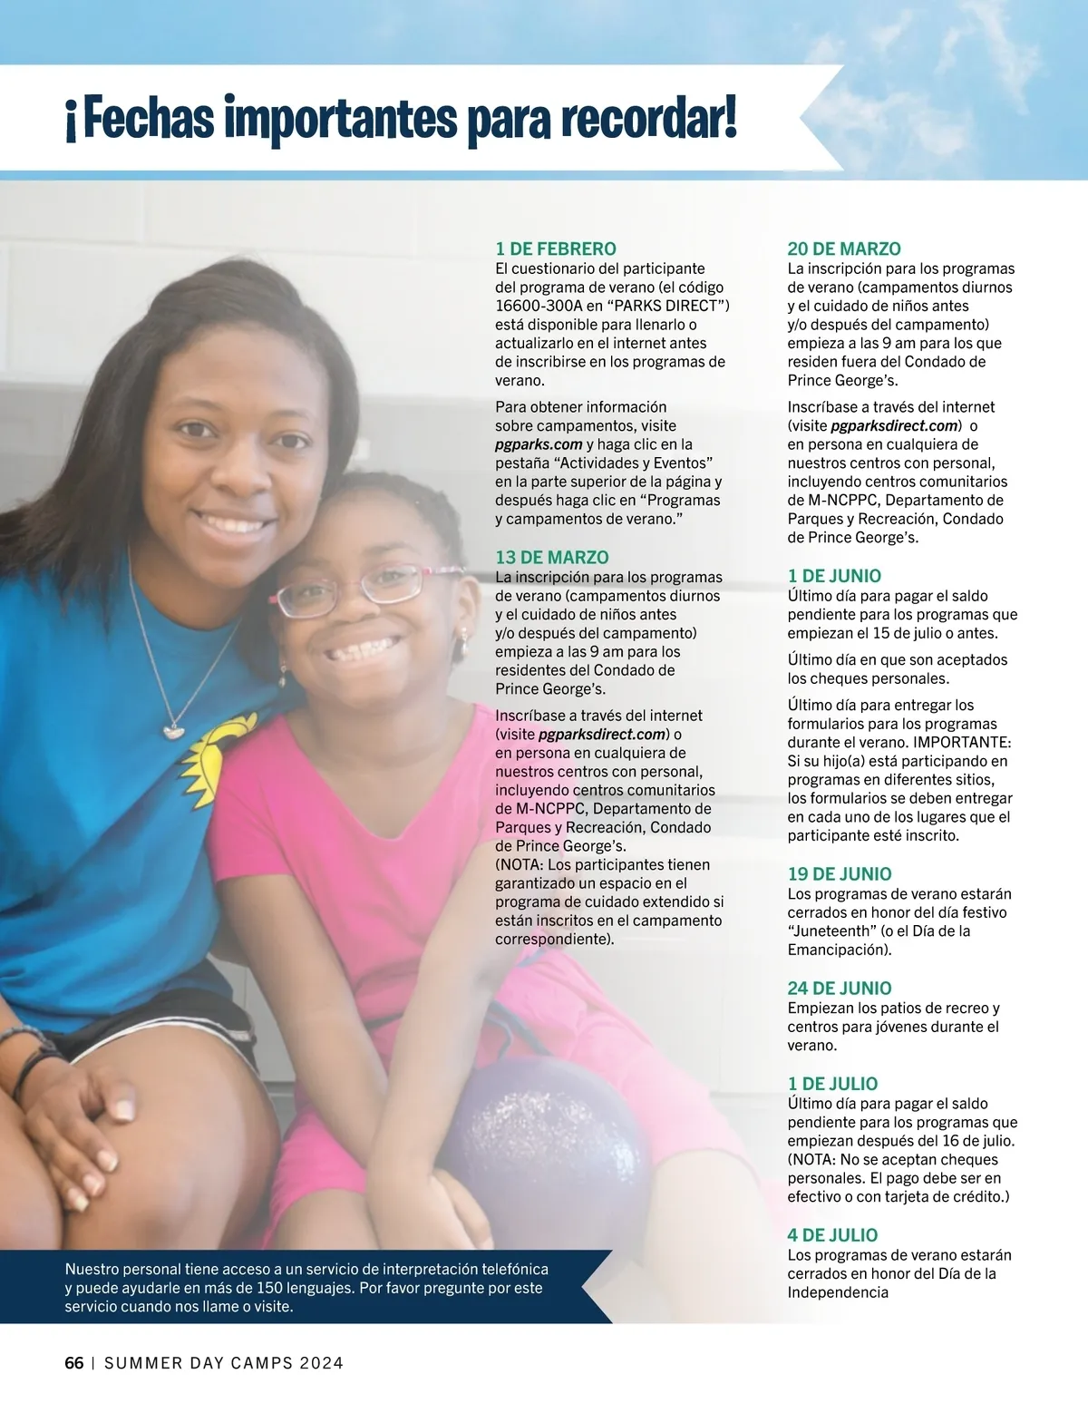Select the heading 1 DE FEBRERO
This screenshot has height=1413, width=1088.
555,248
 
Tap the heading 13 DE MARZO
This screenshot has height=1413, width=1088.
551,557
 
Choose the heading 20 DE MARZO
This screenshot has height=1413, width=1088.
843,248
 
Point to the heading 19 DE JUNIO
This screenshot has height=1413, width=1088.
839,873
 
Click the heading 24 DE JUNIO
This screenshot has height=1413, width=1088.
839,988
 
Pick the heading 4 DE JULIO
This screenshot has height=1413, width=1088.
831,1234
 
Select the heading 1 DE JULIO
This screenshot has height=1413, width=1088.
831,1083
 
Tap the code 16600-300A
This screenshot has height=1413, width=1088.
539,306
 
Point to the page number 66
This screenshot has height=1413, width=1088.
74,1363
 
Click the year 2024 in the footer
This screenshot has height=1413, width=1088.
321,1363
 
